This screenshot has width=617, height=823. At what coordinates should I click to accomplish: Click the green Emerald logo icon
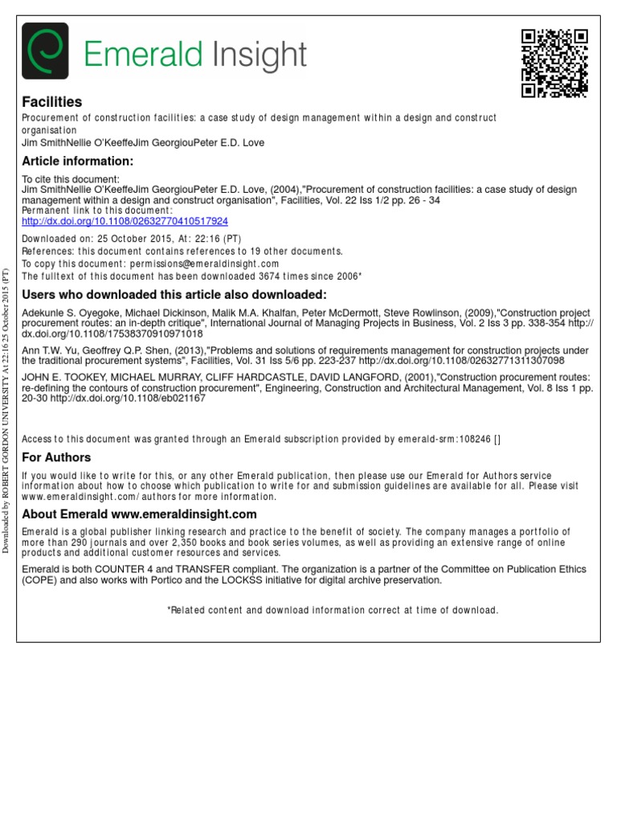(x=44, y=51)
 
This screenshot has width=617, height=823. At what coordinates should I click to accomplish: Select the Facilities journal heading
(x=51, y=102)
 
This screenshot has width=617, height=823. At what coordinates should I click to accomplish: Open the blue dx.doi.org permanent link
(x=125, y=221)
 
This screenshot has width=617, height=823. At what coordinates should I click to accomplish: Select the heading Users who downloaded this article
(x=174, y=294)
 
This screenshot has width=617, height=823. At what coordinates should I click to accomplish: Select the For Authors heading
(x=56, y=457)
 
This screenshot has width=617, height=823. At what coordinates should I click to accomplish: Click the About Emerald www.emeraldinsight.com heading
(x=139, y=514)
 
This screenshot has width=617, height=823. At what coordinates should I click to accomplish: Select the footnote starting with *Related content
(x=333, y=610)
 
